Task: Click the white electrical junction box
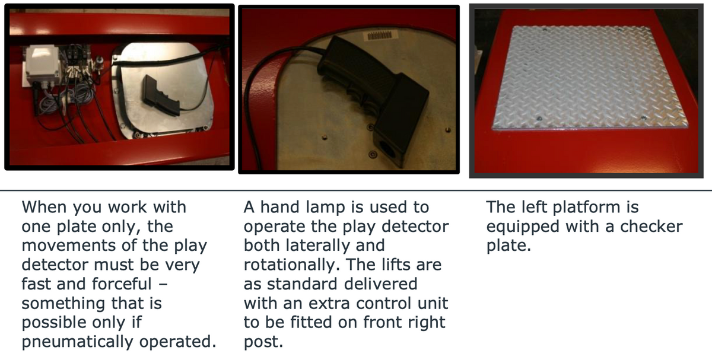pos(43,65)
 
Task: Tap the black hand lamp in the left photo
pos(161,95)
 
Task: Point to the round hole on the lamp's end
pos(387,150)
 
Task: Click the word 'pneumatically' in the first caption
pos(78,342)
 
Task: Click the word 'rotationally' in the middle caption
pos(292,265)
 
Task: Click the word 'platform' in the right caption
pos(586,207)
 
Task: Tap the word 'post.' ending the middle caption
pos(263,342)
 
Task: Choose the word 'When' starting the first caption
pos(44,207)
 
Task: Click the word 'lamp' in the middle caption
pos(325,208)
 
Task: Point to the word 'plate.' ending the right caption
pos(508,246)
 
